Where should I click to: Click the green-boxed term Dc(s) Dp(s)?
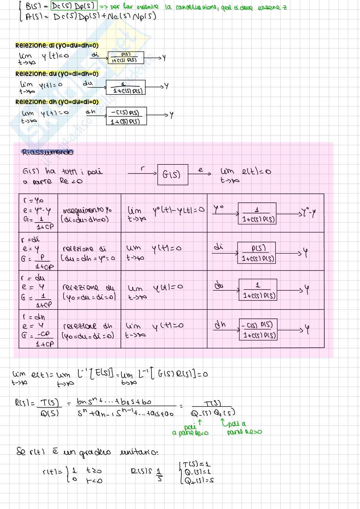click(74, 6)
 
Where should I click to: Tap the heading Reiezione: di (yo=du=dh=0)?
click(57, 45)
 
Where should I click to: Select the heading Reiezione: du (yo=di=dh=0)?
click(57, 74)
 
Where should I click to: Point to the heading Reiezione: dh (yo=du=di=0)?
click(57, 102)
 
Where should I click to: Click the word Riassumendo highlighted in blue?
click(47, 152)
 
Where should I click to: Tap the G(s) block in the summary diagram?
click(173, 175)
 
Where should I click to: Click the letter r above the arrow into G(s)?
click(143, 168)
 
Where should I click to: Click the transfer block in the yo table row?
click(257, 213)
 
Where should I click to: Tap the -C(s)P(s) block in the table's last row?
click(258, 329)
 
